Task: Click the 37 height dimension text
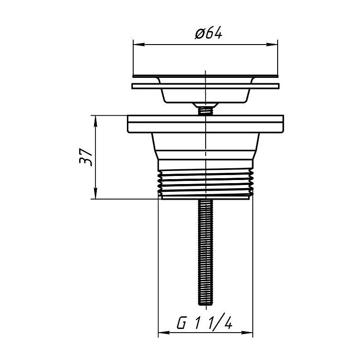[87, 157]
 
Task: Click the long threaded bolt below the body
[205, 252]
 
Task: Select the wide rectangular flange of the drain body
[205, 124]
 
